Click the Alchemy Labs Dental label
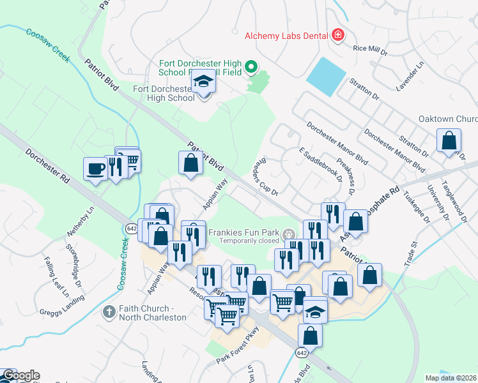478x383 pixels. click(286, 36)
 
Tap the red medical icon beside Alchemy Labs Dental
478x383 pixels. click(337, 35)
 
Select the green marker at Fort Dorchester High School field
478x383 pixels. click(251, 66)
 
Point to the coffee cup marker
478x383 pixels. click(95, 169)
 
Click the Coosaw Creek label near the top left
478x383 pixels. click(48, 44)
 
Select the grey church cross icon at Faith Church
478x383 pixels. click(109, 312)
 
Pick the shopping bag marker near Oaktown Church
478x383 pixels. click(449, 140)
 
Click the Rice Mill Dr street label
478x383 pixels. click(371, 49)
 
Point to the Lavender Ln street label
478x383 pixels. click(415, 75)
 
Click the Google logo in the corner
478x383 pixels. click(21, 376)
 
